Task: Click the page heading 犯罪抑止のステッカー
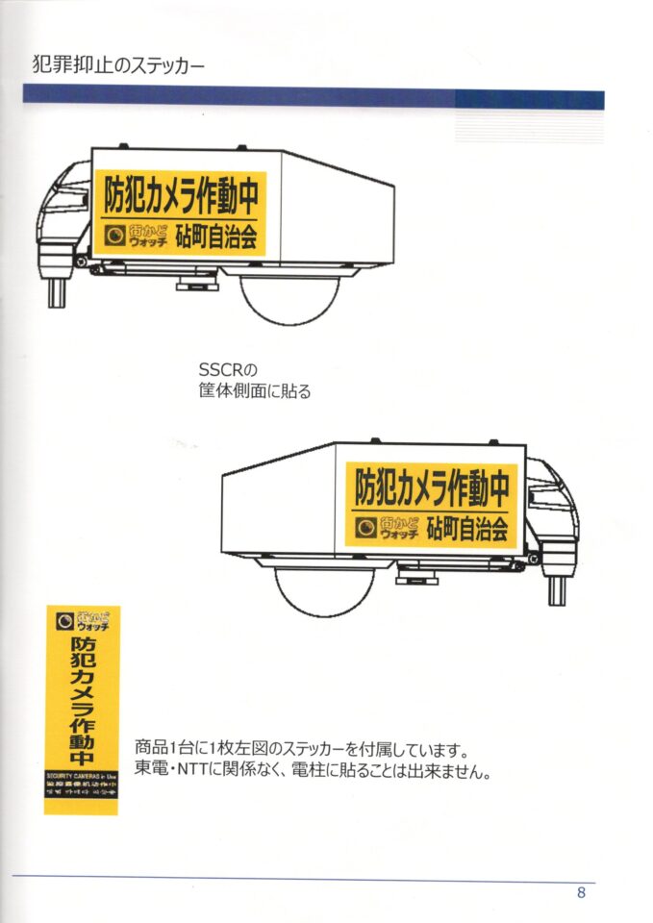[x=118, y=66]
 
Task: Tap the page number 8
[x=581, y=891]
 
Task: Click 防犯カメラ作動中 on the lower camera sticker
[x=432, y=486]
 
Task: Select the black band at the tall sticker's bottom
[x=82, y=789]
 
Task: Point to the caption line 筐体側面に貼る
[x=254, y=391]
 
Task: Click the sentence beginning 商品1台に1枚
[x=301, y=747]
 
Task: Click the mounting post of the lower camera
[x=557, y=588]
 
